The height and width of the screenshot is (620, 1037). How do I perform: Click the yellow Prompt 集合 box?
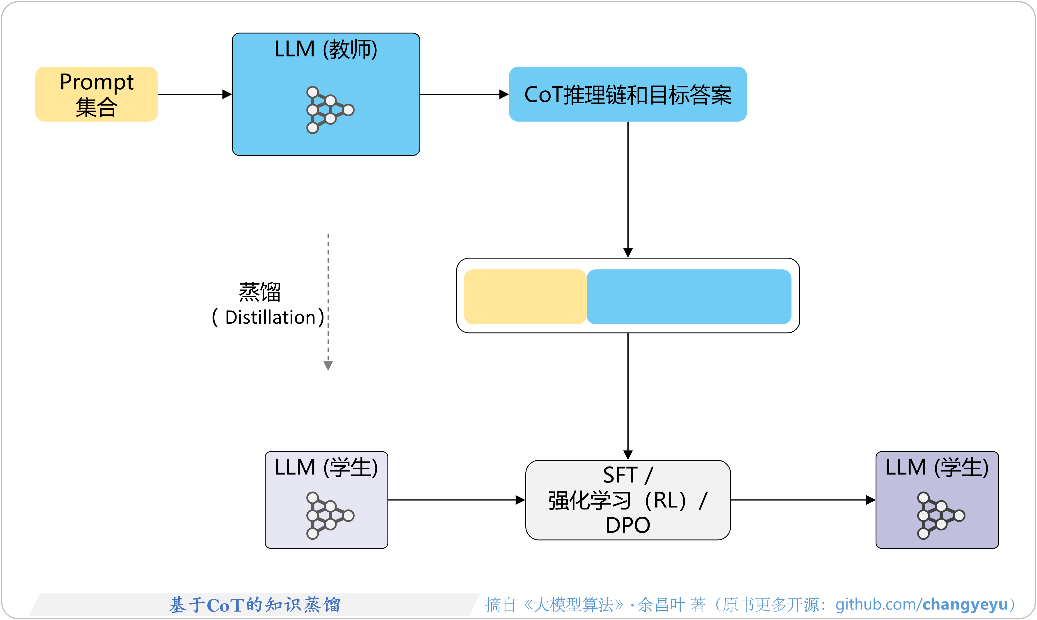pyautogui.click(x=97, y=94)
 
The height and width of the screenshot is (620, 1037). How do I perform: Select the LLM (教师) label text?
pyautogui.click(x=325, y=49)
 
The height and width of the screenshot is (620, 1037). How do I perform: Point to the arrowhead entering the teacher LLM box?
pyautogui.click(x=227, y=95)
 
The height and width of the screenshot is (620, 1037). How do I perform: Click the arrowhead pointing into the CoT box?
pyautogui.click(x=504, y=95)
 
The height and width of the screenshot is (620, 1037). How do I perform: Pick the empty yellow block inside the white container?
pyautogui.click(x=525, y=297)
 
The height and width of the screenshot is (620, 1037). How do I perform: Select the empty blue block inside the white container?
pyautogui.click(x=689, y=297)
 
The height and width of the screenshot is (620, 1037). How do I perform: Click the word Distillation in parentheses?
pyautogui.click(x=270, y=318)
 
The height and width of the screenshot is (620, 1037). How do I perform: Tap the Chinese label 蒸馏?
pyautogui.click(x=259, y=292)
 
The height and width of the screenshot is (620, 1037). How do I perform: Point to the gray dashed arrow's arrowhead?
pyautogui.click(x=328, y=366)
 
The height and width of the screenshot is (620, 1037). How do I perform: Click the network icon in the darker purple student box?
pyautogui.click(x=940, y=516)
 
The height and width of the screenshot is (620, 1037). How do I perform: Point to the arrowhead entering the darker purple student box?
pyautogui.click(x=871, y=500)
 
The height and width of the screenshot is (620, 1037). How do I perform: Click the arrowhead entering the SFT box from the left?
pyautogui.click(x=520, y=500)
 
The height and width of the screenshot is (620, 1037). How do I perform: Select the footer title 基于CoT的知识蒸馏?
pyautogui.click(x=255, y=605)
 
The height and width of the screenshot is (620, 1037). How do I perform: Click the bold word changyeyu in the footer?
pyautogui.click(x=965, y=605)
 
